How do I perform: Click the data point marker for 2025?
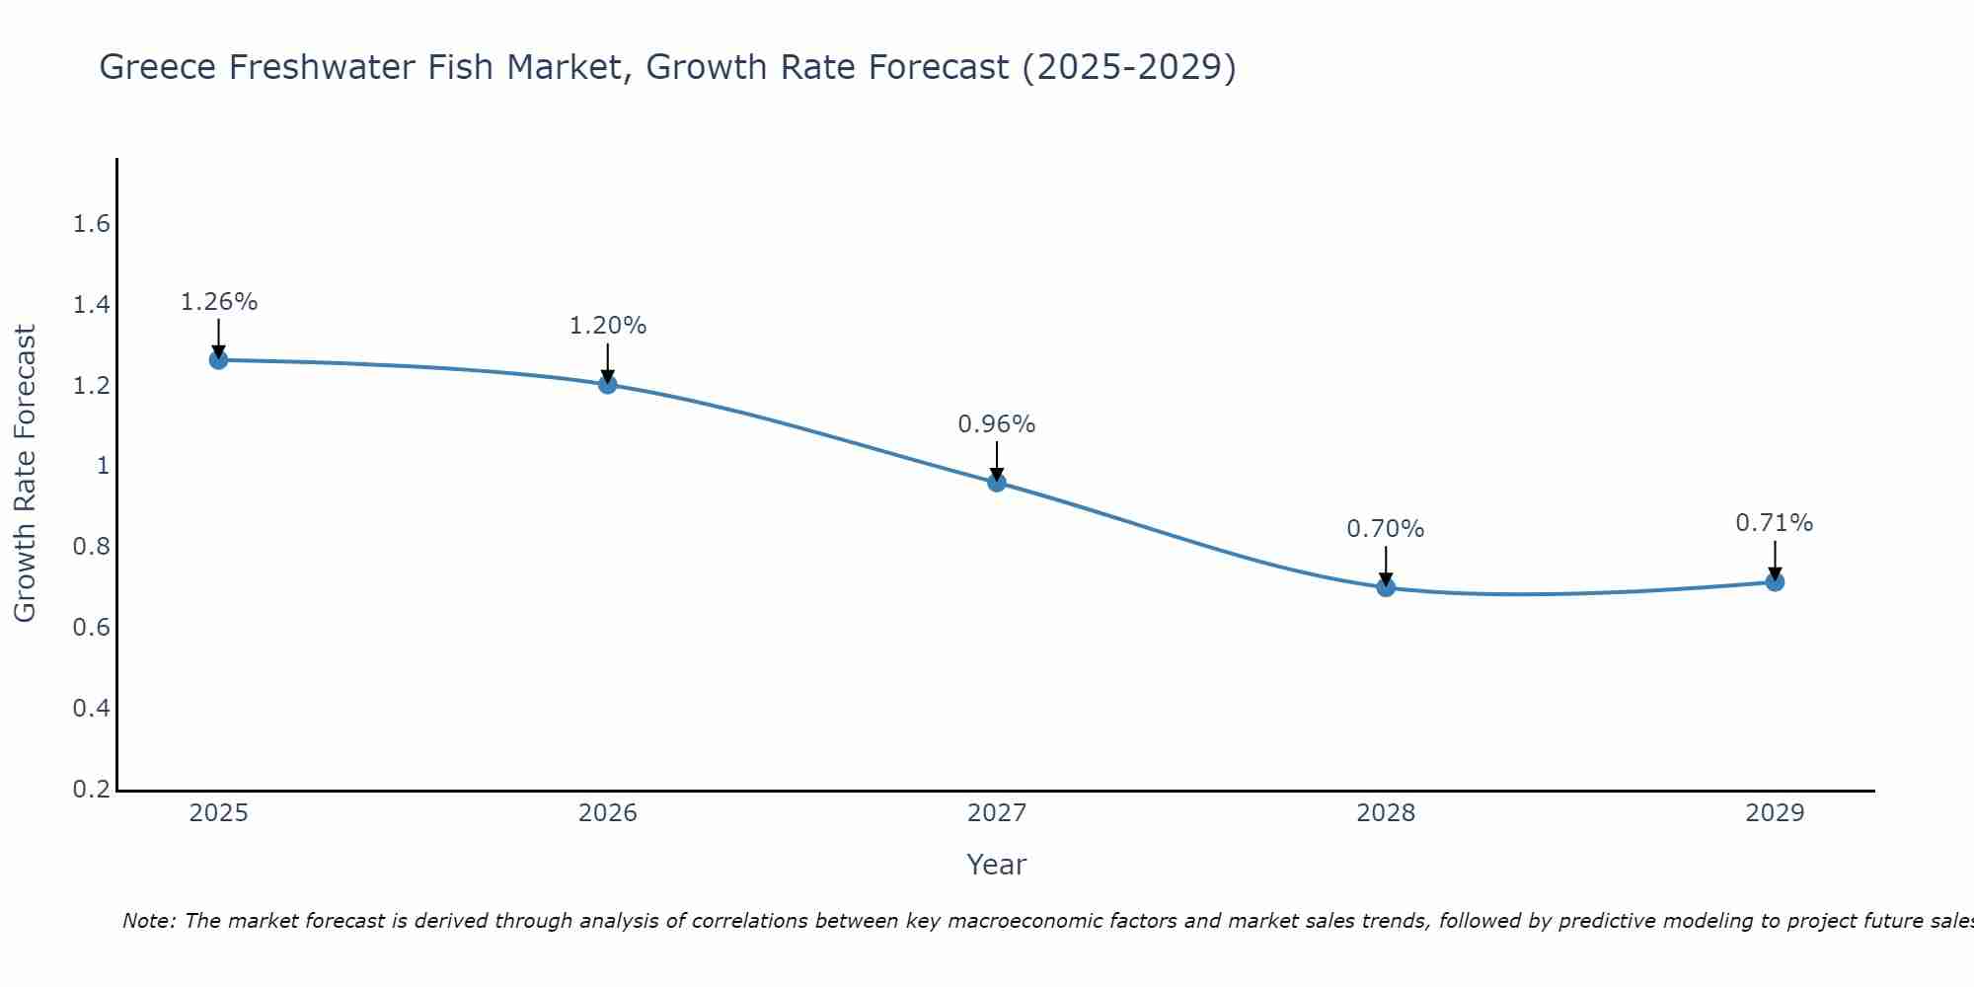tap(218, 360)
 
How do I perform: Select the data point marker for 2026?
tap(608, 384)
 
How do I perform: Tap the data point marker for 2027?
tap(997, 483)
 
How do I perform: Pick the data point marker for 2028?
tap(1386, 587)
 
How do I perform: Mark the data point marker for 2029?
tap(1775, 582)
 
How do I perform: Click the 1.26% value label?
tap(218, 302)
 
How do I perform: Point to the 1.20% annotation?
tap(608, 326)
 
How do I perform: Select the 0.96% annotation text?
tap(997, 424)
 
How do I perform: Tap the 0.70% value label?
tap(1386, 529)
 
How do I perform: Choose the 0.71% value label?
tap(1775, 523)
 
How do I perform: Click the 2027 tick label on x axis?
tap(997, 813)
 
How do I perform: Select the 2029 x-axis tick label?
tap(1775, 813)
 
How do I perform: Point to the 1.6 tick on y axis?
tap(91, 224)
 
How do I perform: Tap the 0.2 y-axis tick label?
tap(91, 790)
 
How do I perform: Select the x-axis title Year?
tap(997, 865)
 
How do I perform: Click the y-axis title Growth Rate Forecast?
tap(25, 474)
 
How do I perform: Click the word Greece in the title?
tap(158, 67)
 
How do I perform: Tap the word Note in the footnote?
tap(148, 921)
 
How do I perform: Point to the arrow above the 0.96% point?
tap(997, 460)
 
